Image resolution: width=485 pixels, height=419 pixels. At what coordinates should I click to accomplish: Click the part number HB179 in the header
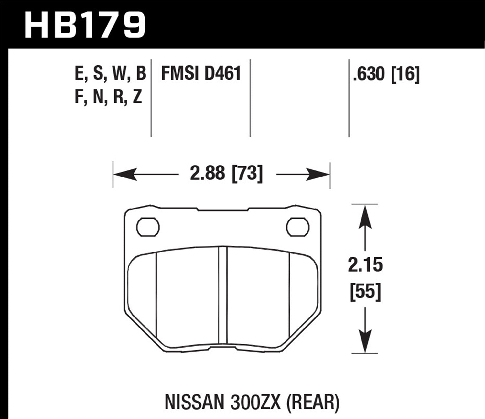85,24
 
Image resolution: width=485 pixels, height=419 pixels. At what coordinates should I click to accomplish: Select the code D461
222,73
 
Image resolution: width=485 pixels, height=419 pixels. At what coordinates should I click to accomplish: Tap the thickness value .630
370,74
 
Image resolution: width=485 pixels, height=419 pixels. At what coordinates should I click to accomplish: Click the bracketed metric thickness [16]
405,74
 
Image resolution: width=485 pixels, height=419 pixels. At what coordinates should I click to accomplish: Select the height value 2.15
365,265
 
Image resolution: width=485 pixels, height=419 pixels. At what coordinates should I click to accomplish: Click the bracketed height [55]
365,292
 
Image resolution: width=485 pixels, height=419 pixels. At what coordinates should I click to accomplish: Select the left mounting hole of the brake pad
148,227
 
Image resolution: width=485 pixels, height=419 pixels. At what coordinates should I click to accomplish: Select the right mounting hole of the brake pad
298,227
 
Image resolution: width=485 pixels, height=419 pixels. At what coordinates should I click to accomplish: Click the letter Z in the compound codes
137,97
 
